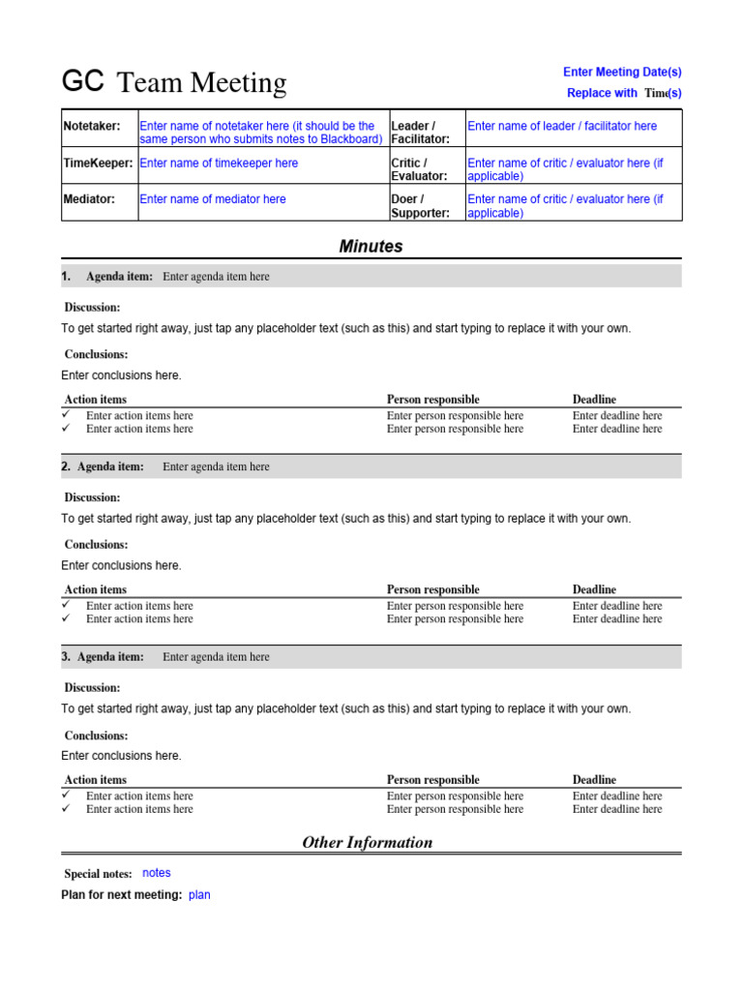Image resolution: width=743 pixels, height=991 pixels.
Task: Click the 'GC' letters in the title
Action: coord(82,81)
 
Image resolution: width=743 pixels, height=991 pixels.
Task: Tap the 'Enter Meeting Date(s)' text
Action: coord(622,72)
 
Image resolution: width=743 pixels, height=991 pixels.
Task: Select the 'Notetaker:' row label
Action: coord(92,127)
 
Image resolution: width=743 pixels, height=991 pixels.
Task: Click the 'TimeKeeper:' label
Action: coord(98,164)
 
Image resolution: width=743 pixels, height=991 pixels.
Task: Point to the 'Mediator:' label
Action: coord(88,199)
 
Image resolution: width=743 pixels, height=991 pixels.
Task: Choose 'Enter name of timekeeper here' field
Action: coord(220,164)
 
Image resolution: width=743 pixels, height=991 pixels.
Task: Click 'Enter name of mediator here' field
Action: coord(213,199)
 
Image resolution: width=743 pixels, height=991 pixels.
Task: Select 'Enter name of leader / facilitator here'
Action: coord(562,127)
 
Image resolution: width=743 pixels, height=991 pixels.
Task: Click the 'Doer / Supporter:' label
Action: coord(420,206)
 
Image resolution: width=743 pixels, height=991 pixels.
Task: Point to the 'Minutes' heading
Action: coord(371,247)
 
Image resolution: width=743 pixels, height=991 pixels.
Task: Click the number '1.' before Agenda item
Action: coord(67,277)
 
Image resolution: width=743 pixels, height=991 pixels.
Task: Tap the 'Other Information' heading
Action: coord(368,842)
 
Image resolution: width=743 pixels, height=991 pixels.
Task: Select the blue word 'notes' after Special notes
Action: coord(157,873)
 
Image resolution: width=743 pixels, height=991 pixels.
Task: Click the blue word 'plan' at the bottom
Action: coord(199,895)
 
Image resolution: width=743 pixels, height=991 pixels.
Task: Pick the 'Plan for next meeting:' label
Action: coord(122,895)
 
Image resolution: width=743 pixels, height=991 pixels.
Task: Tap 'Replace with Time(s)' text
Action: coord(624,93)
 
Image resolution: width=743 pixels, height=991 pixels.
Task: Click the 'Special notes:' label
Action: coord(98,874)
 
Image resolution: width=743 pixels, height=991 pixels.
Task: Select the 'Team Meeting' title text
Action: coord(201,83)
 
